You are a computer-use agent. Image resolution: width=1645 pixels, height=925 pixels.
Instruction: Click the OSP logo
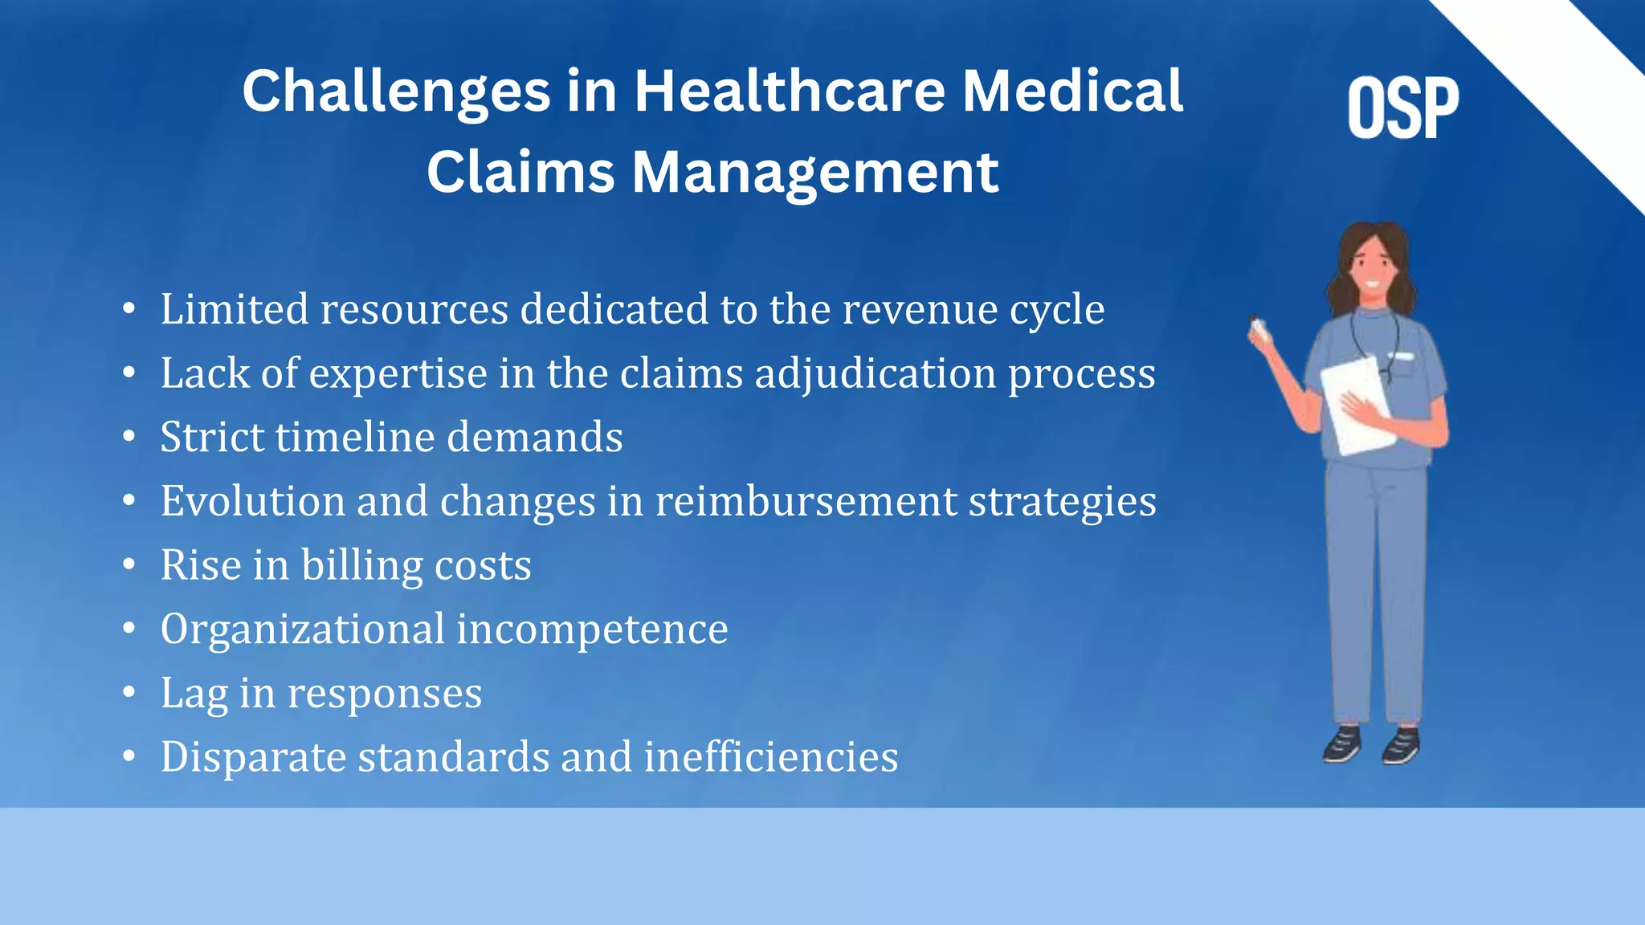pos(1402,108)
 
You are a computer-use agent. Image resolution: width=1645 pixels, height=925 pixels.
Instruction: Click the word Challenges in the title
pos(396,92)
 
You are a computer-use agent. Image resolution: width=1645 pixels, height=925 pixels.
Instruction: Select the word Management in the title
pos(815,173)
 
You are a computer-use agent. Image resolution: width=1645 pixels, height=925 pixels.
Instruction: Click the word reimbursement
pos(806,502)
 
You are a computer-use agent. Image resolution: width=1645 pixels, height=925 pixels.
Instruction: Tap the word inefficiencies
pos(770,757)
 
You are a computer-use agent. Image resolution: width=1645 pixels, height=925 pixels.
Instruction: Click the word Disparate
pos(253,757)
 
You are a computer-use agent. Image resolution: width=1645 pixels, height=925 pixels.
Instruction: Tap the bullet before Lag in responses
pos(129,692)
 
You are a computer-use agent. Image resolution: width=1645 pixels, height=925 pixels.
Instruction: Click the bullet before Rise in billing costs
pos(129,564)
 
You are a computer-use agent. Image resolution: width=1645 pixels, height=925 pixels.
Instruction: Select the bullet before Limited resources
pos(129,309)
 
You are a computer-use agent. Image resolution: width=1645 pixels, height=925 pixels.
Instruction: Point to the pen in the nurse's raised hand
pos(1257,328)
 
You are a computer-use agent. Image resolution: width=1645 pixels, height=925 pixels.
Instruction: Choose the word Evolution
pos(253,502)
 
